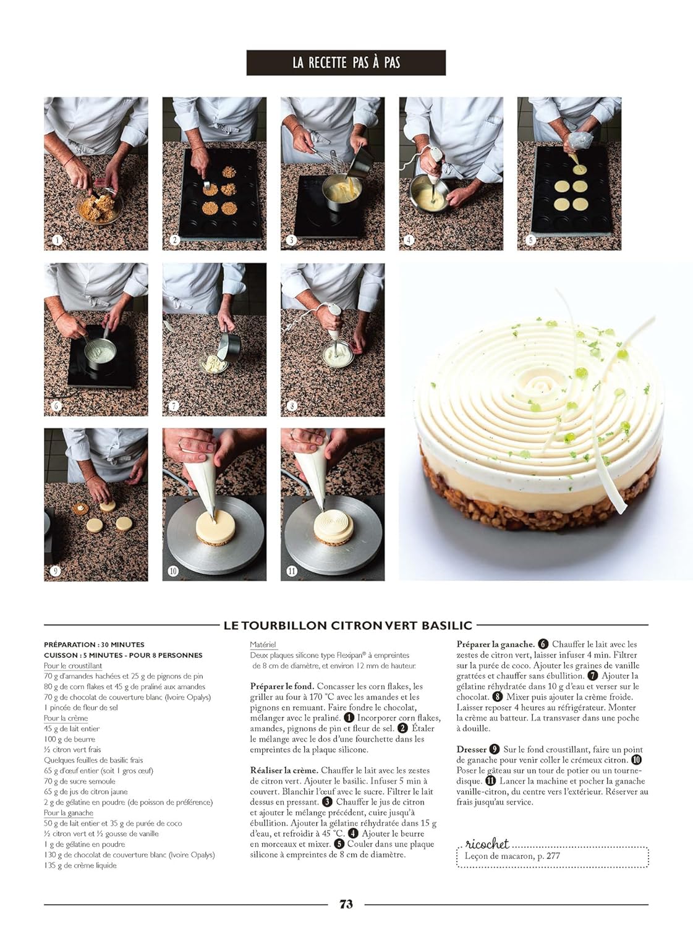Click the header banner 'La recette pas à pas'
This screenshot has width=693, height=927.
[x=346, y=63]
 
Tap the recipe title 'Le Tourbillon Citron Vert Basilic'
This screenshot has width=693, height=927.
[x=347, y=625]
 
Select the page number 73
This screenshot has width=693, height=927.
[x=346, y=904]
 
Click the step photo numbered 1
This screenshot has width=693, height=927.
[x=96, y=174]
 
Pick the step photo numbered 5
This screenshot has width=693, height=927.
[x=569, y=174]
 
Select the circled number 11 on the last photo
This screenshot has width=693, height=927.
[x=292, y=571]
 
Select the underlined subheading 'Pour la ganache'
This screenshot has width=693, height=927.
[x=69, y=813]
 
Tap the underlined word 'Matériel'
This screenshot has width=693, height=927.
[x=263, y=645]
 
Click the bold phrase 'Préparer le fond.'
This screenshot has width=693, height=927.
[x=282, y=686]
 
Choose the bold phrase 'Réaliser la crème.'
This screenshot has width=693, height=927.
[x=284, y=770]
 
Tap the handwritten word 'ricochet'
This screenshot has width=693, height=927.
[x=487, y=844]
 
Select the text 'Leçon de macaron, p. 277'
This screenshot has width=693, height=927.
[x=512, y=857]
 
